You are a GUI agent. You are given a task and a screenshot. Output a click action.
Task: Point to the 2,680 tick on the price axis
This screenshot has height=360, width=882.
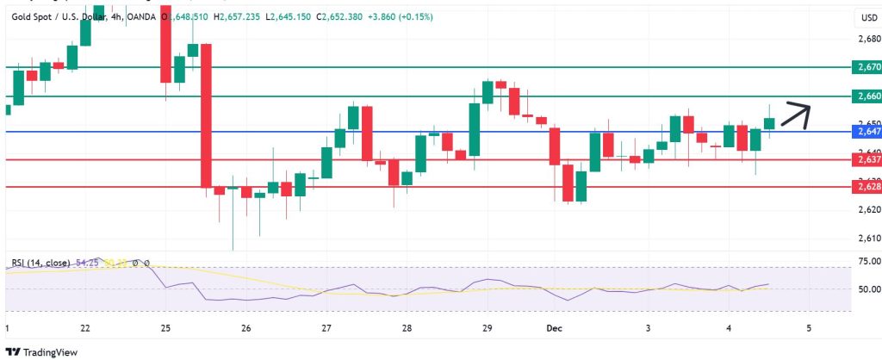(869, 39)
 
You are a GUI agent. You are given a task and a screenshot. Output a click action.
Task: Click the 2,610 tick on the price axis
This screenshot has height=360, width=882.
(869, 238)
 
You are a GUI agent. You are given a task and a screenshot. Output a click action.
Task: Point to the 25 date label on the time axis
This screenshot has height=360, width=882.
(165, 328)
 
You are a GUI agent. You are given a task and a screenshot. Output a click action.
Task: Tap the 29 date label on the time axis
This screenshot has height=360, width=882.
(487, 328)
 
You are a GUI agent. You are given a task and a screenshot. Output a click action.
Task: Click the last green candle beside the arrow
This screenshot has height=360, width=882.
(769, 123)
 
